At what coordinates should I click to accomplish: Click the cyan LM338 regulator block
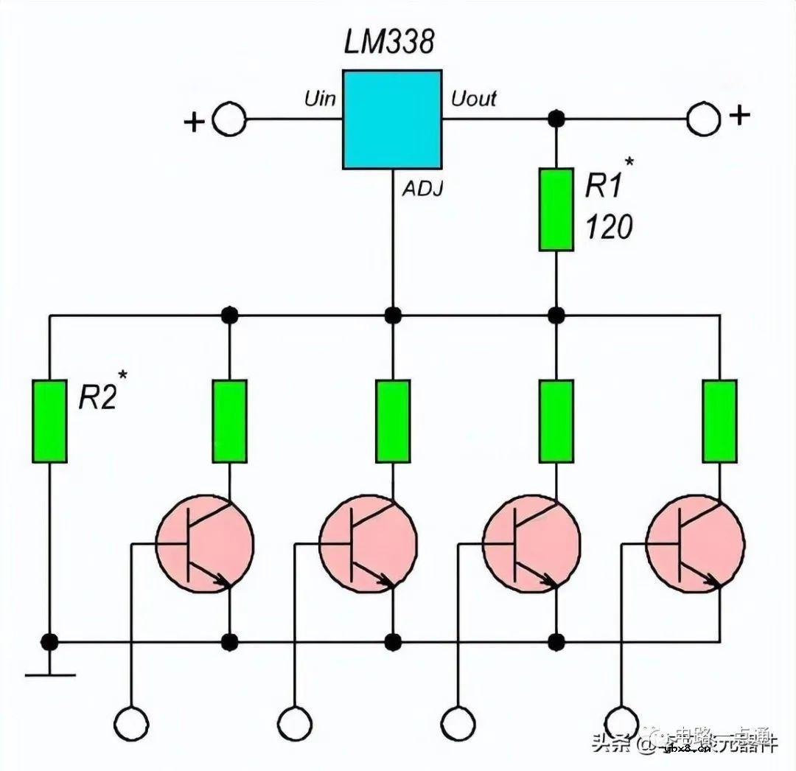(392, 119)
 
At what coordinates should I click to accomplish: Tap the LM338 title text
(388, 43)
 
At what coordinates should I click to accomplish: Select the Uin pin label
(320, 98)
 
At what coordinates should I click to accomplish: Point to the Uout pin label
(473, 98)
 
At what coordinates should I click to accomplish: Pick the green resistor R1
(556, 209)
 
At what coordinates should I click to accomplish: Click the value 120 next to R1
(609, 228)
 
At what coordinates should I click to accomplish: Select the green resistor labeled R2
(49, 421)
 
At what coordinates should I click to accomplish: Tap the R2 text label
(99, 398)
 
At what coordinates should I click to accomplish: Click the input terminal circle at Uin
(229, 119)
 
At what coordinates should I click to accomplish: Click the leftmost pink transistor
(205, 545)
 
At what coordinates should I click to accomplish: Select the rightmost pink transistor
(695, 545)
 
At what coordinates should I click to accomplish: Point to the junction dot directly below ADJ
(393, 315)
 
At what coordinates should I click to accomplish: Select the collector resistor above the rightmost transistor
(720, 421)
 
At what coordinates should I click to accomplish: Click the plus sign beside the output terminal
(739, 115)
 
